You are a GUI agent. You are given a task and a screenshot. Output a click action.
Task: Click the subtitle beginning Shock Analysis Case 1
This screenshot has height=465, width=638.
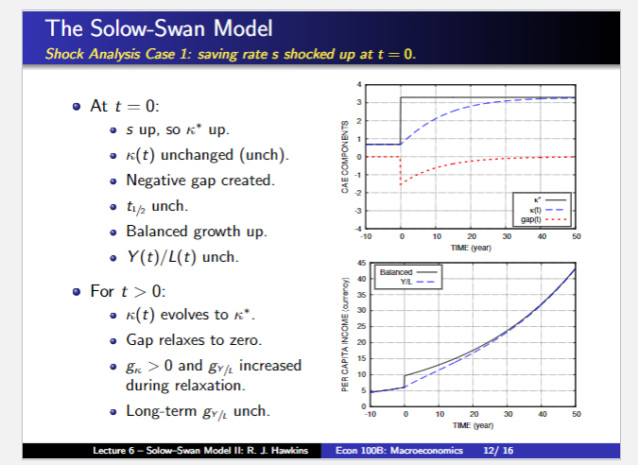click(x=231, y=53)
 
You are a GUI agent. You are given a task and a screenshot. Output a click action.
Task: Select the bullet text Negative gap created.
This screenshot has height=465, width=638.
click(x=186, y=180)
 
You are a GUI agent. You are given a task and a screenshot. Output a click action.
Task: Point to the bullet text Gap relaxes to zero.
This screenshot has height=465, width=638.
click(x=181, y=338)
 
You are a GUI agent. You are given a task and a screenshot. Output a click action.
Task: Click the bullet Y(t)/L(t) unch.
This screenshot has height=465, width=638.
click(x=180, y=256)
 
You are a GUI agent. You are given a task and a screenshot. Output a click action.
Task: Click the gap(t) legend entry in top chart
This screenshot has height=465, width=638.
click(x=535, y=220)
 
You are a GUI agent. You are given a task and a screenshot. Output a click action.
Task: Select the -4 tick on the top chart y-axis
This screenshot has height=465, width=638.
click(x=359, y=230)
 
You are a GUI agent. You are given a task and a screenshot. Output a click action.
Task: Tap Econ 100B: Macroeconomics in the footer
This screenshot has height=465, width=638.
click(x=398, y=451)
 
